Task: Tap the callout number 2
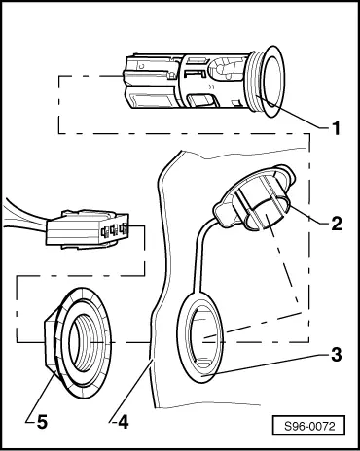coord(336,223)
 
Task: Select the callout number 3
coord(336,354)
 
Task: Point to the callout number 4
coord(124,422)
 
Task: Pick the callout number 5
coord(42,422)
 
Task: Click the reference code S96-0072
coord(309,426)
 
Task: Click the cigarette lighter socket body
coord(204,81)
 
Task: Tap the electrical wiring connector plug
coord(87,230)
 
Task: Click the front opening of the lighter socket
coord(271,81)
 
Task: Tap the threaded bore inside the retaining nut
coord(85,343)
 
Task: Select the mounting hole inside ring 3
coord(201,337)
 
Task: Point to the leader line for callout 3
coord(266,365)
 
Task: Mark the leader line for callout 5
coord(39,397)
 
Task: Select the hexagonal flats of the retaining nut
coord(52,343)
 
